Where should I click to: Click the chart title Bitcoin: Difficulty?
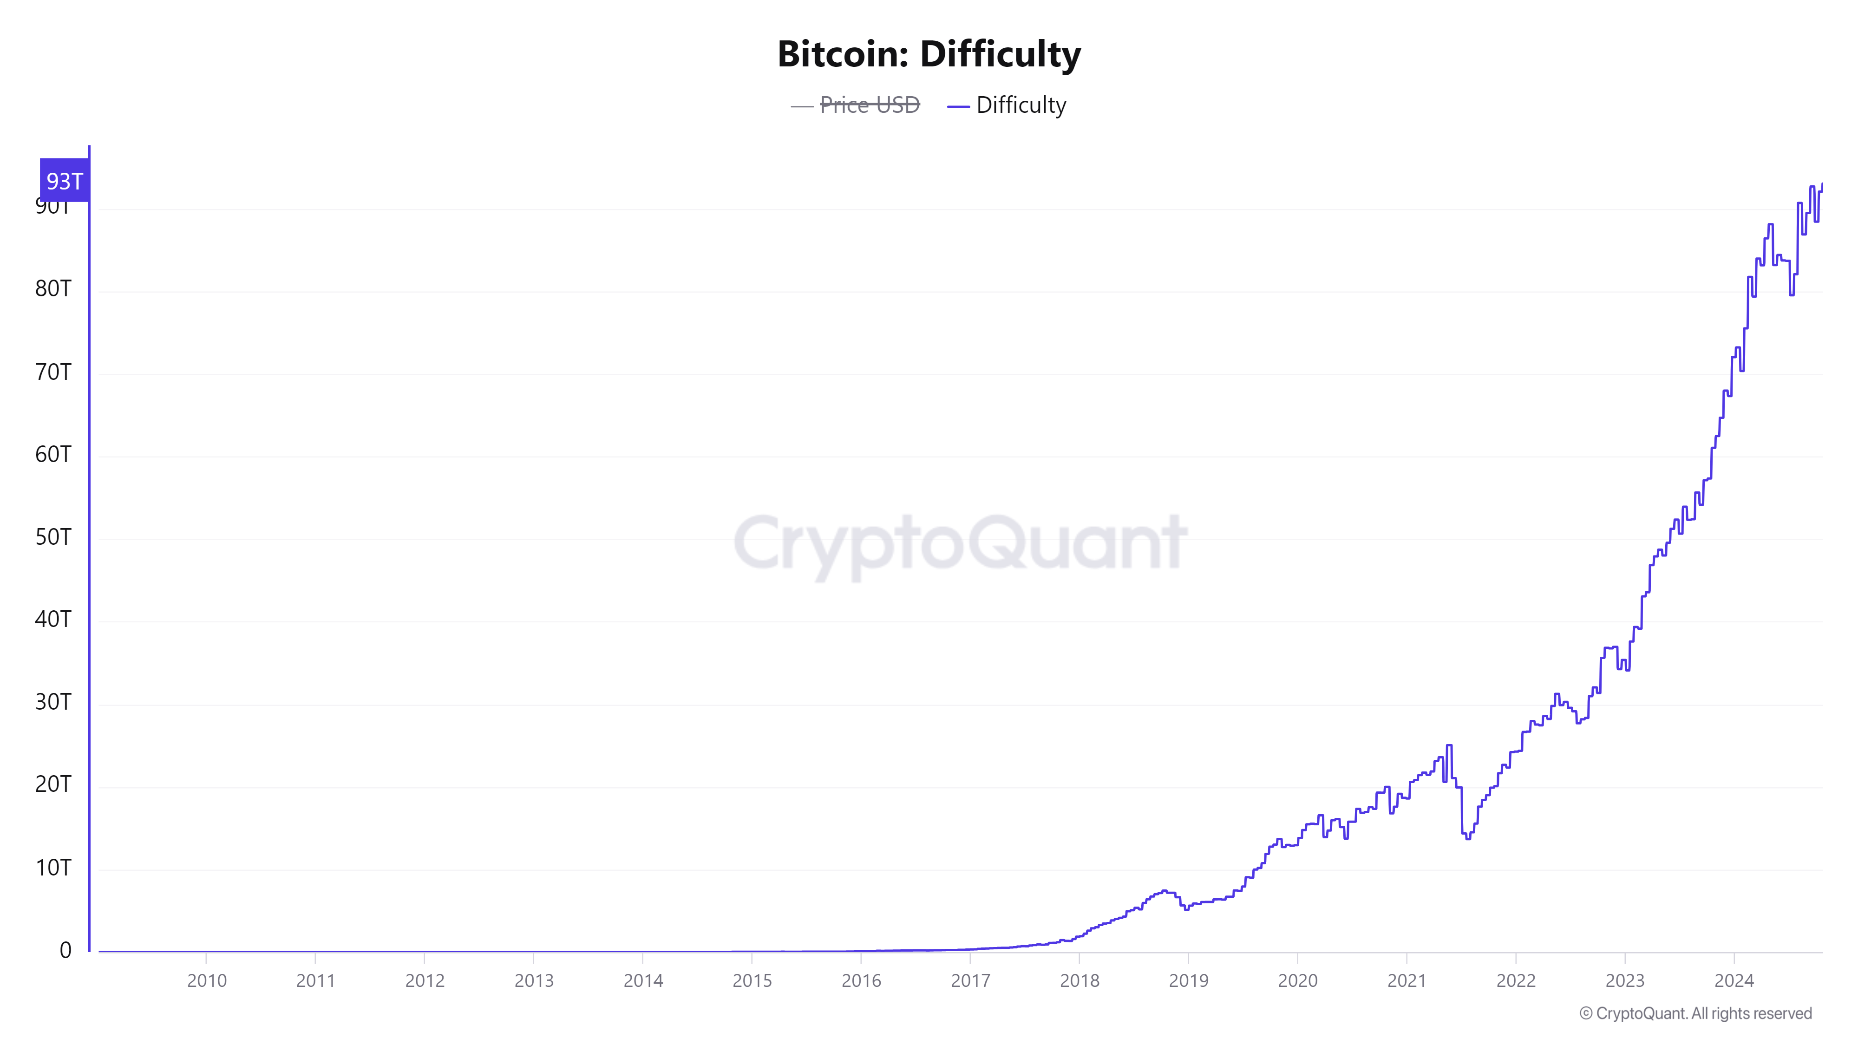[x=929, y=54]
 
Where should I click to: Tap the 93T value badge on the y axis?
[x=64, y=180]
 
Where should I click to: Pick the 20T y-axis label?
[x=53, y=784]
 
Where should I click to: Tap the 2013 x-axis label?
[x=534, y=980]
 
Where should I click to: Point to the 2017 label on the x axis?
[x=970, y=980]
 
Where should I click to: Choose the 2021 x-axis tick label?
[x=1407, y=980]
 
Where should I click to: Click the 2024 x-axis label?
[x=1734, y=980]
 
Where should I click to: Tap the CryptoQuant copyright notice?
[x=1695, y=1013]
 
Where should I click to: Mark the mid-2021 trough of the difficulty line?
[x=1468, y=838]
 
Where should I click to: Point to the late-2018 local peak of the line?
[x=1164, y=891]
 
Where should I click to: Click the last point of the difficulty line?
[x=1822, y=185]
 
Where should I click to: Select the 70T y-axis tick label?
[x=53, y=372]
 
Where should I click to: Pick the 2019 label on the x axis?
[x=1188, y=980]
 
